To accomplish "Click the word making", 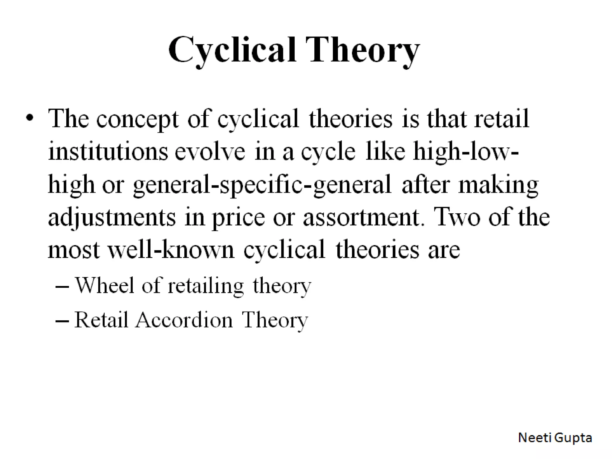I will click(498, 185).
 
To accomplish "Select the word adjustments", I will click(111, 218).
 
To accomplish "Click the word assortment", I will click(363, 218).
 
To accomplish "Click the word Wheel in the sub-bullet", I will click(104, 285).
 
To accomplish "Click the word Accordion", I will click(184, 320).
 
